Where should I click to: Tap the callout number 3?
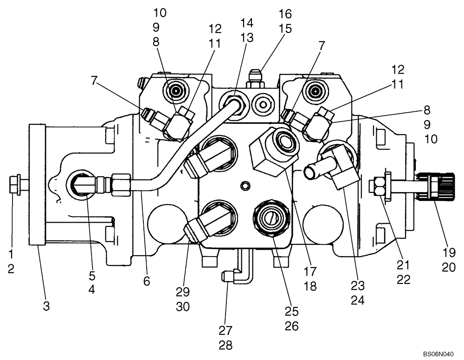point(46,306)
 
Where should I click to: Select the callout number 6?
point(147,281)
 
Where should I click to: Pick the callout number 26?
point(291,326)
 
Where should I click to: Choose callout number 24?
point(358,300)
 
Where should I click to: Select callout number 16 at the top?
point(285,13)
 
